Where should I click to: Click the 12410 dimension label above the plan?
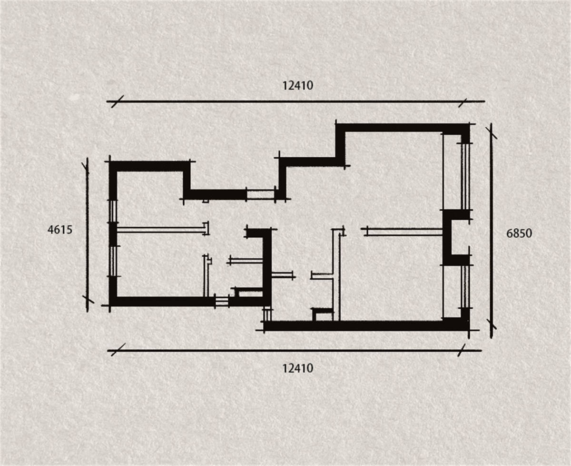298,86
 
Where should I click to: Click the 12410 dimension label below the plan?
298,368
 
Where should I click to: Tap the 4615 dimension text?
60,230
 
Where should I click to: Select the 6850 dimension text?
519,233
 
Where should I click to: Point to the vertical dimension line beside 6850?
491,230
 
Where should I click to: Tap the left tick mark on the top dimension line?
118,101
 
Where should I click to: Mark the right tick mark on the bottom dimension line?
462,350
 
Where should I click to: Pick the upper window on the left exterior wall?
113,211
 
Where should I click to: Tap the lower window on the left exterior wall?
113,261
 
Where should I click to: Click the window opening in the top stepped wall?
261,194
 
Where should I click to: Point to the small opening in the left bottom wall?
222,301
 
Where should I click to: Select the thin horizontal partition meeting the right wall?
404,232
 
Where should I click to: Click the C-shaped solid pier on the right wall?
456,238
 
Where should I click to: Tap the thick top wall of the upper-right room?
403,128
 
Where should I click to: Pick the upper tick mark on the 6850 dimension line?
491,133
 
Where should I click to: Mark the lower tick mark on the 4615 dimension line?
88,300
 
